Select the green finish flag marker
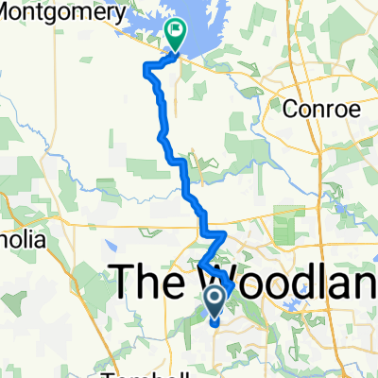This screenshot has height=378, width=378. [x=176, y=35]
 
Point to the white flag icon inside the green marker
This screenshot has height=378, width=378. [x=176, y=31]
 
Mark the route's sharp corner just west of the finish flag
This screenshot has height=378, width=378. [x=146, y=66]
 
